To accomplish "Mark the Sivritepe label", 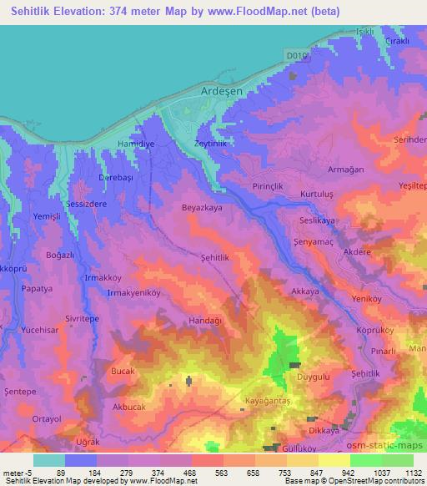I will tap(106, 318).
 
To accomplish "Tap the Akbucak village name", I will tap(131, 408).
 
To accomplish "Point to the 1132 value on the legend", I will tap(409, 472).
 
